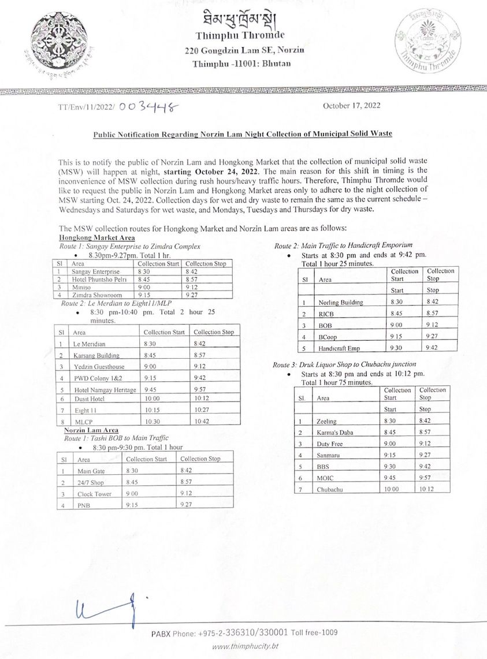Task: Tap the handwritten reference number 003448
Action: click(148, 107)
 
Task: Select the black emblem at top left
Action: click(56, 41)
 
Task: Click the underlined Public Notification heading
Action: click(243, 134)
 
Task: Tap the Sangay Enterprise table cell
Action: click(96, 271)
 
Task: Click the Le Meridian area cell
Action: click(90, 344)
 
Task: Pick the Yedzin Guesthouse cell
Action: click(99, 367)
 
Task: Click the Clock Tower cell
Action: click(94, 494)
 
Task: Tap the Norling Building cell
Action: click(341, 302)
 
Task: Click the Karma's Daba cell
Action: click(334, 432)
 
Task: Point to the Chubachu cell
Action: click(330, 489)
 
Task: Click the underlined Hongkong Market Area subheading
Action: click(98, 238)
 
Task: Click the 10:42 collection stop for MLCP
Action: click(202, 422)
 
